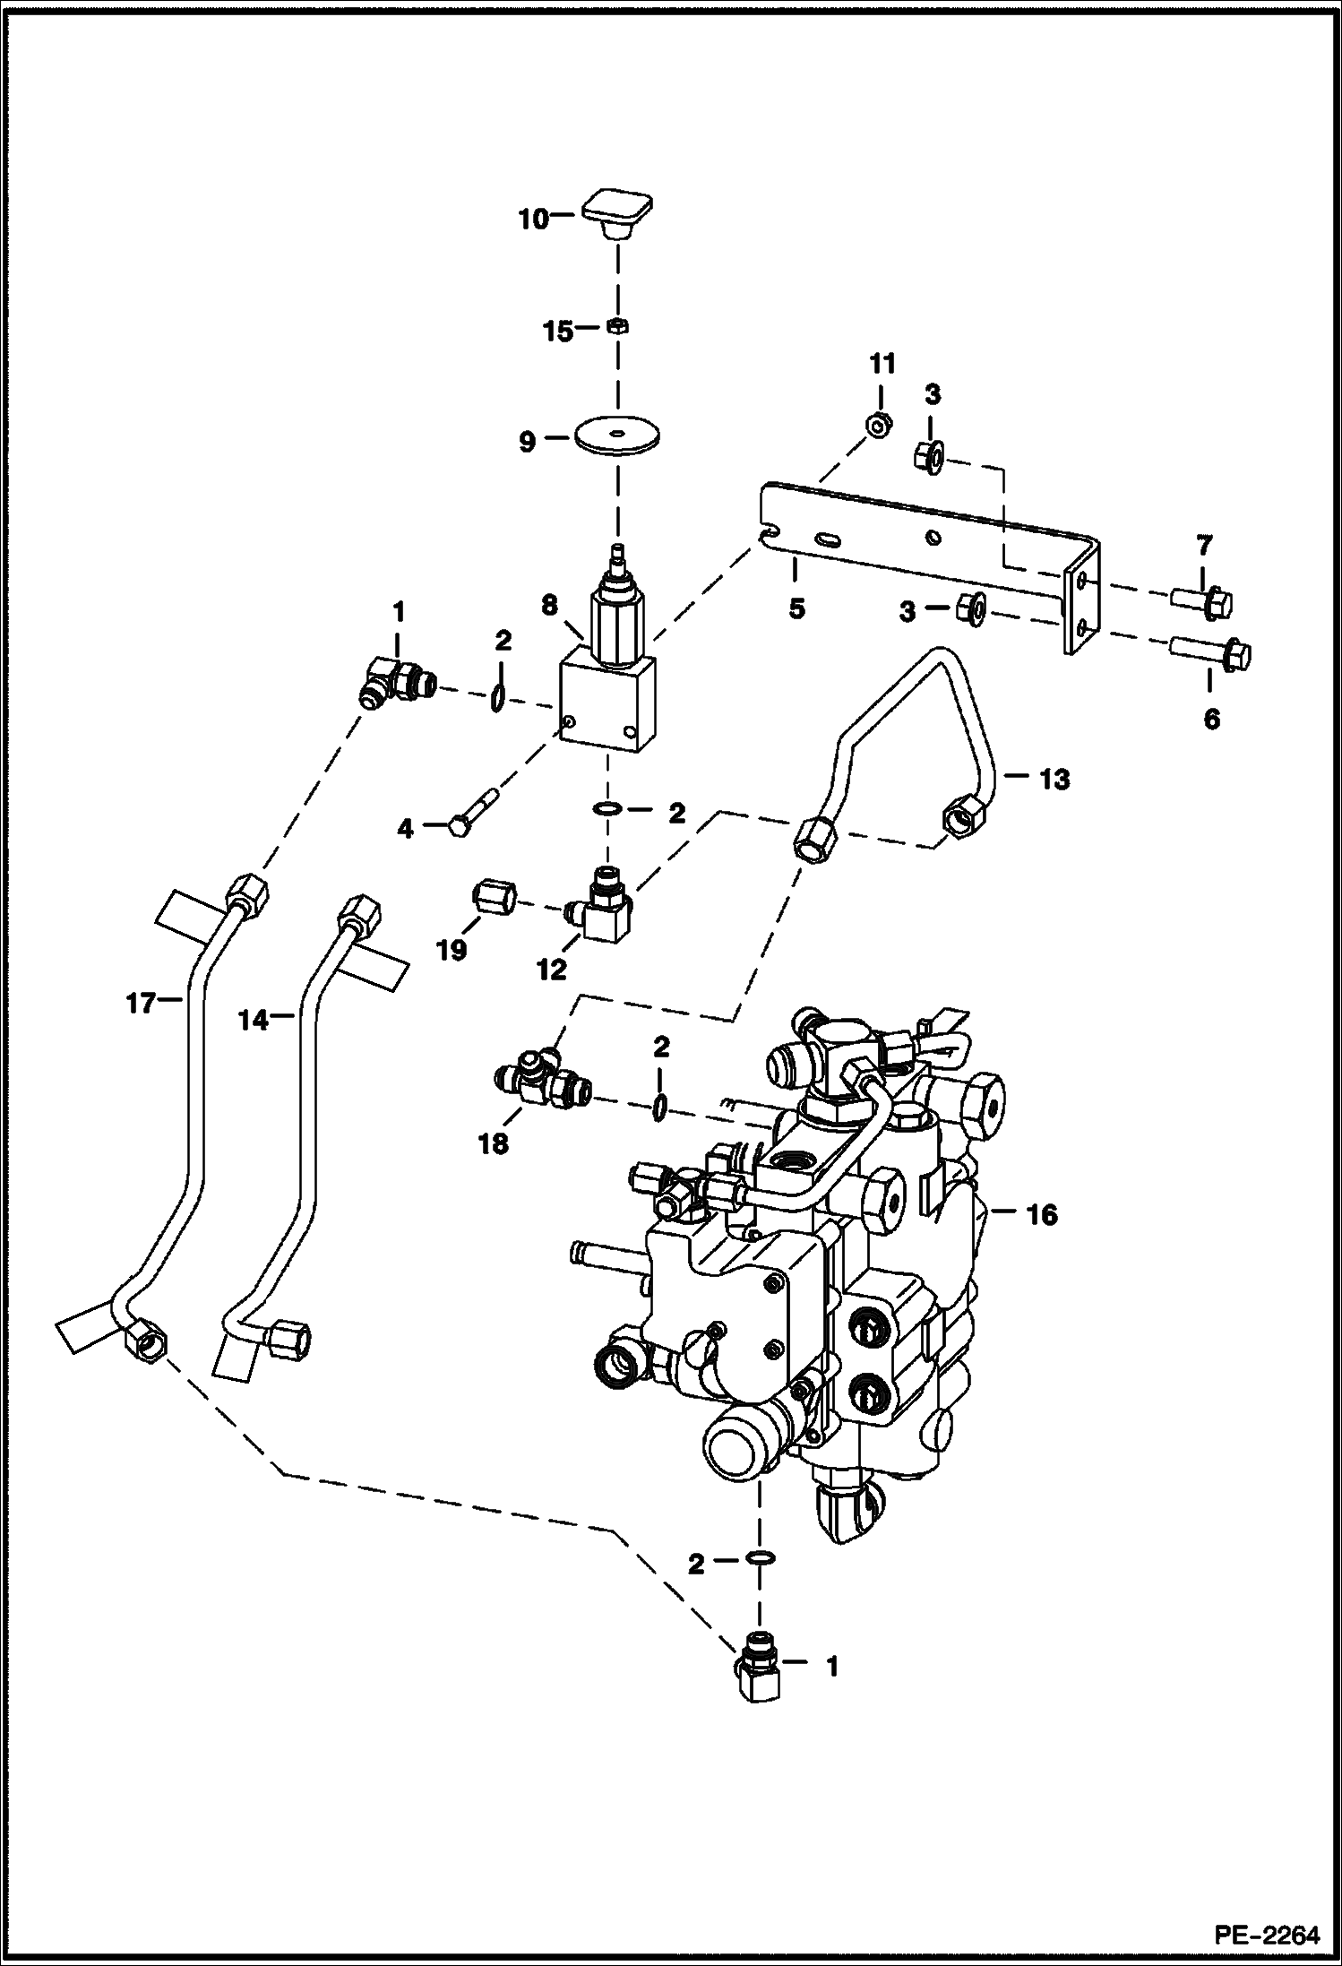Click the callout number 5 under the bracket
(x=796, y=609)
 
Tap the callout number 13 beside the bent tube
(x=1054, y=780)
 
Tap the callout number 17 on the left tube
(x=141, y=1004)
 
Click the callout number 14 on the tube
(x=254, y=1019)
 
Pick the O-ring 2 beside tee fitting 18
(x=658, y=1108)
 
